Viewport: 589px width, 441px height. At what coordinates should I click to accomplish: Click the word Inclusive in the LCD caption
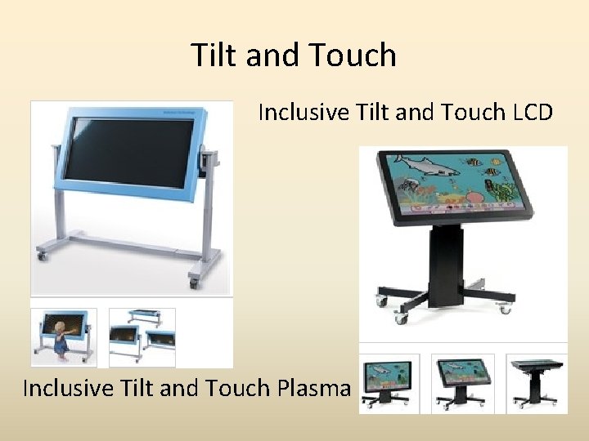pyautogui.click(x=302, y=112)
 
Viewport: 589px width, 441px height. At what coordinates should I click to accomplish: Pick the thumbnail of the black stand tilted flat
pyautogui.click(x=536, y=382)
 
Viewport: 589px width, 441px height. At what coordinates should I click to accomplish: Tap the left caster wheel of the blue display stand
pyautogui.click(x=41, y=256)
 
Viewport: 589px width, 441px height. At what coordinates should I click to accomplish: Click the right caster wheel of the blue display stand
pyautogui.click(x=195, y=282)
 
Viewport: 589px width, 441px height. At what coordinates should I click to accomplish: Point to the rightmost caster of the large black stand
pyautogui.click(x=505, y=309)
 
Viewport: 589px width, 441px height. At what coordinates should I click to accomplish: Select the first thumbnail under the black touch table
pyautogui.click(x=389, y=382)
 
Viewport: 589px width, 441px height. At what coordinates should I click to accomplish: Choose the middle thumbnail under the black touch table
pyautogui.click(x=462, y=382)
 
